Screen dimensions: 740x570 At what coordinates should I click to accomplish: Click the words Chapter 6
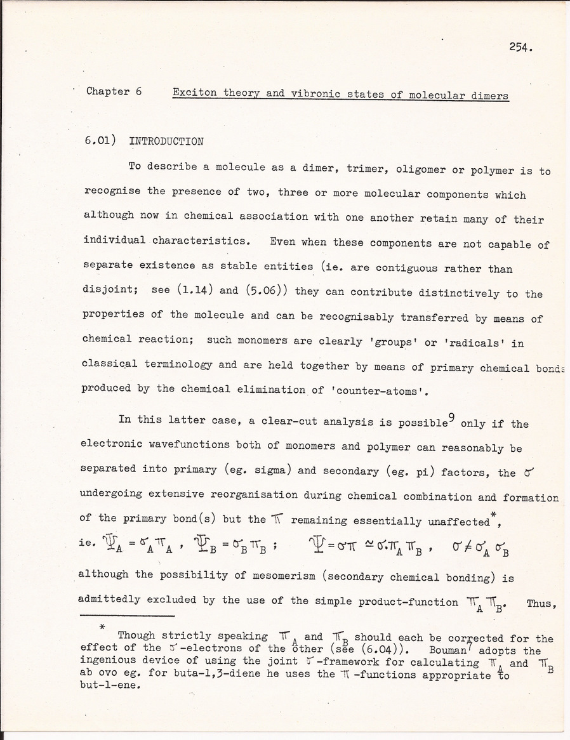point(114,91)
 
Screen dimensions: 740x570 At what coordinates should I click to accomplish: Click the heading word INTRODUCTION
point(166,142)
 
